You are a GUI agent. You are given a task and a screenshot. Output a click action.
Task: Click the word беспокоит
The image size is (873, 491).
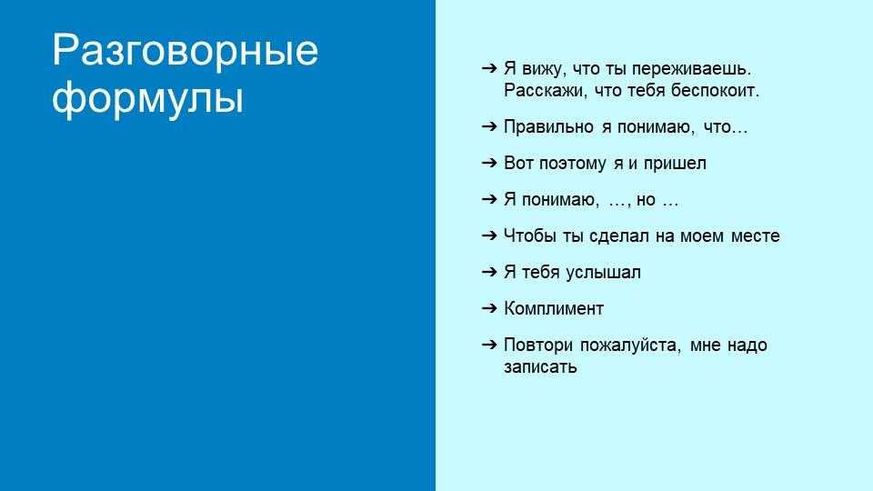click(715, 90)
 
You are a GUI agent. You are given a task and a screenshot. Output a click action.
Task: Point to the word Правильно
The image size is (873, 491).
click(548, 127)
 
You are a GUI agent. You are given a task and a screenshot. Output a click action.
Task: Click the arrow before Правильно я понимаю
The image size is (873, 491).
click(489, 126)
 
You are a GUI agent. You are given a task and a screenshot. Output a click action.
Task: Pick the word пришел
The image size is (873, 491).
click(675, 164)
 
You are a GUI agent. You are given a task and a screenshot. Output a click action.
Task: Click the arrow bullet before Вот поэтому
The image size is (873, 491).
click(489, 163)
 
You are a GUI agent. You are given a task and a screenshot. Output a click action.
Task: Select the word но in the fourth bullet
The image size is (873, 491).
click(646, 200)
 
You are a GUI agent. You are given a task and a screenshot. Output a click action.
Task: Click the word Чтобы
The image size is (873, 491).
click(530, 236)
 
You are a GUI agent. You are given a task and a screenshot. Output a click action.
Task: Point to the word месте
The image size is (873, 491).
click(755, 236)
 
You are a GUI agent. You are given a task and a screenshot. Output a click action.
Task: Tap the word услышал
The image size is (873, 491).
click(603, 273)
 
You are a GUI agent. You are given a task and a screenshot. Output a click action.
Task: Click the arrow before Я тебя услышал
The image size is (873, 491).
click(489, 272)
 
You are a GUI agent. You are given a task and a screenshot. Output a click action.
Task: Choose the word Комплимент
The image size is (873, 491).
click(554, 308)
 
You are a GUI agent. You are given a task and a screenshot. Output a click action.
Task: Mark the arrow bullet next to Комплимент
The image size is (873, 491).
click(489, 308)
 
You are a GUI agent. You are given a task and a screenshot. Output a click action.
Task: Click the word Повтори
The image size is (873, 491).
click(538, 346)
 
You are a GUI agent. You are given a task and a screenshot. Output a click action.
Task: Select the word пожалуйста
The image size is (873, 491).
click(630, 346)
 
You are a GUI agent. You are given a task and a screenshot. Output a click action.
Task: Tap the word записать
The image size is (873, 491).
click(540, 367)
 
